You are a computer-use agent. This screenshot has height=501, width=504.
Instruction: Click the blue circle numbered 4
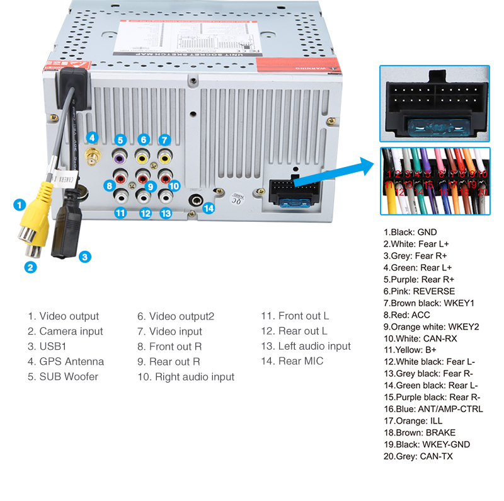(x=92, y=137)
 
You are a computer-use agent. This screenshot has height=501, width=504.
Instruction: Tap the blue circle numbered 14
(x=209, y=207)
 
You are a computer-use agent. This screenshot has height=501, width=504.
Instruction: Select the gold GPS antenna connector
(x=93, y=158)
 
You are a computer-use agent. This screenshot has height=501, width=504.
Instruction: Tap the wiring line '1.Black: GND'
(x=409, y=233)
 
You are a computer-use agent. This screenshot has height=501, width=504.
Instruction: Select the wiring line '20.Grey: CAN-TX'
(x=418, y=456)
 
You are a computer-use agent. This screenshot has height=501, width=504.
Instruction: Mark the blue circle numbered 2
(x=30, y=267)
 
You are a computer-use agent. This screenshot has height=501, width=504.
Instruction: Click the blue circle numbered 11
(x=120, y=213)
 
